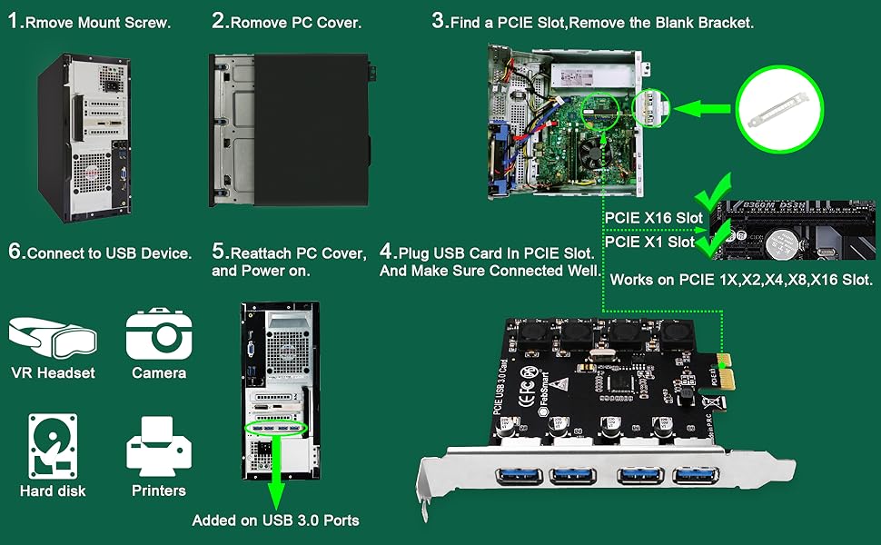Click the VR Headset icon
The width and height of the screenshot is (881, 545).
(52, 334)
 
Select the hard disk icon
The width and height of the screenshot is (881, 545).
(53, 445)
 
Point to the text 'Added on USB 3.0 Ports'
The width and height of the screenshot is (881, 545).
(275, 520)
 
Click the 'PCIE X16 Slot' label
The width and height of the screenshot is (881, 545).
(654, 219)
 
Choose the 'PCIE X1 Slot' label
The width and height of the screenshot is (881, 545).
(649, 242)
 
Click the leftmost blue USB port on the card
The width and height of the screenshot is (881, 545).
(517, 475)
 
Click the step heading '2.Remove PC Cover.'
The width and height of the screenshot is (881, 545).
(286, 22)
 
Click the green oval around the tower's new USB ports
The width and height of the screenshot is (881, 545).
(277, 428)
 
